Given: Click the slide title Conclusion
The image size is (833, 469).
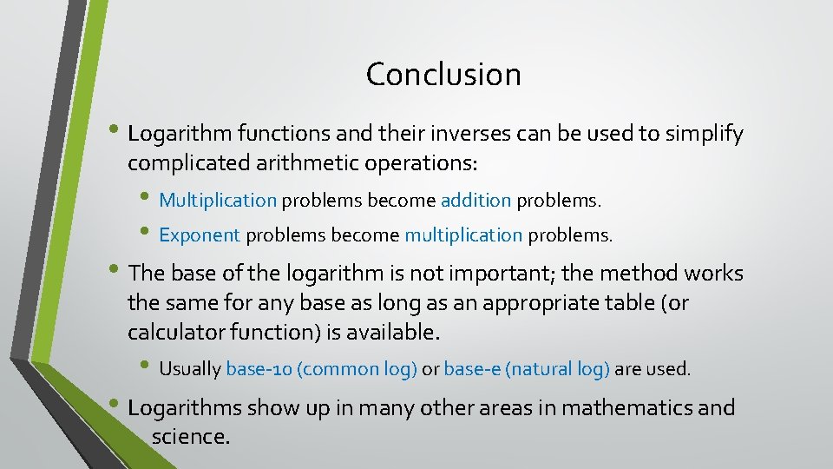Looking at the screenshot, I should pos(443,75).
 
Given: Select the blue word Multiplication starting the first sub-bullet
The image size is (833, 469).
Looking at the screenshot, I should pos(217,201).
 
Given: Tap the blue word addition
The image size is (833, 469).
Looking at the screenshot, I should pos(476,201).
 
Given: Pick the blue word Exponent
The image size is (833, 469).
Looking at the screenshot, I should pos(200,234).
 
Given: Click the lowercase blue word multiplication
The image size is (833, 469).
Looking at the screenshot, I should pos(463,234).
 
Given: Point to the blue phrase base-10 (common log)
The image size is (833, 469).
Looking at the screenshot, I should pos(321,369).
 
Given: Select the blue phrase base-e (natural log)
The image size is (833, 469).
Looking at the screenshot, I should pos(527,369).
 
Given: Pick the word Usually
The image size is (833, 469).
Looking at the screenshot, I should pos(190,369).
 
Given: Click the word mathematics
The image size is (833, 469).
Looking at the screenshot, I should pos(617,408).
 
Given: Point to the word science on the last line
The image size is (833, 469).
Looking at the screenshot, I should pos(190,437).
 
